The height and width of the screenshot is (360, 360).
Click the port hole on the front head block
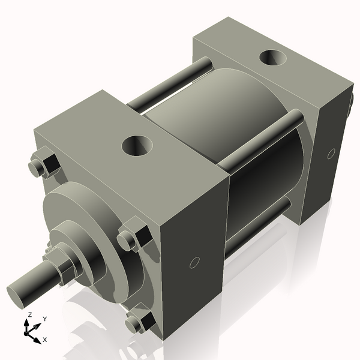click(x=137, y=145)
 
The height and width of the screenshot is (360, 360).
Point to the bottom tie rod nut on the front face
click(x=137, y=322)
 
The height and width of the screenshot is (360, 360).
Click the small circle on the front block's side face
click(x=194, y=262)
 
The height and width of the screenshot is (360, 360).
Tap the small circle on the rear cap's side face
click(x=331, y=154)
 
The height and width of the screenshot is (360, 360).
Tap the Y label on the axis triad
click(x=44, y=319)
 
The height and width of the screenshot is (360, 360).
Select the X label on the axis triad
click(x=45, y=340)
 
